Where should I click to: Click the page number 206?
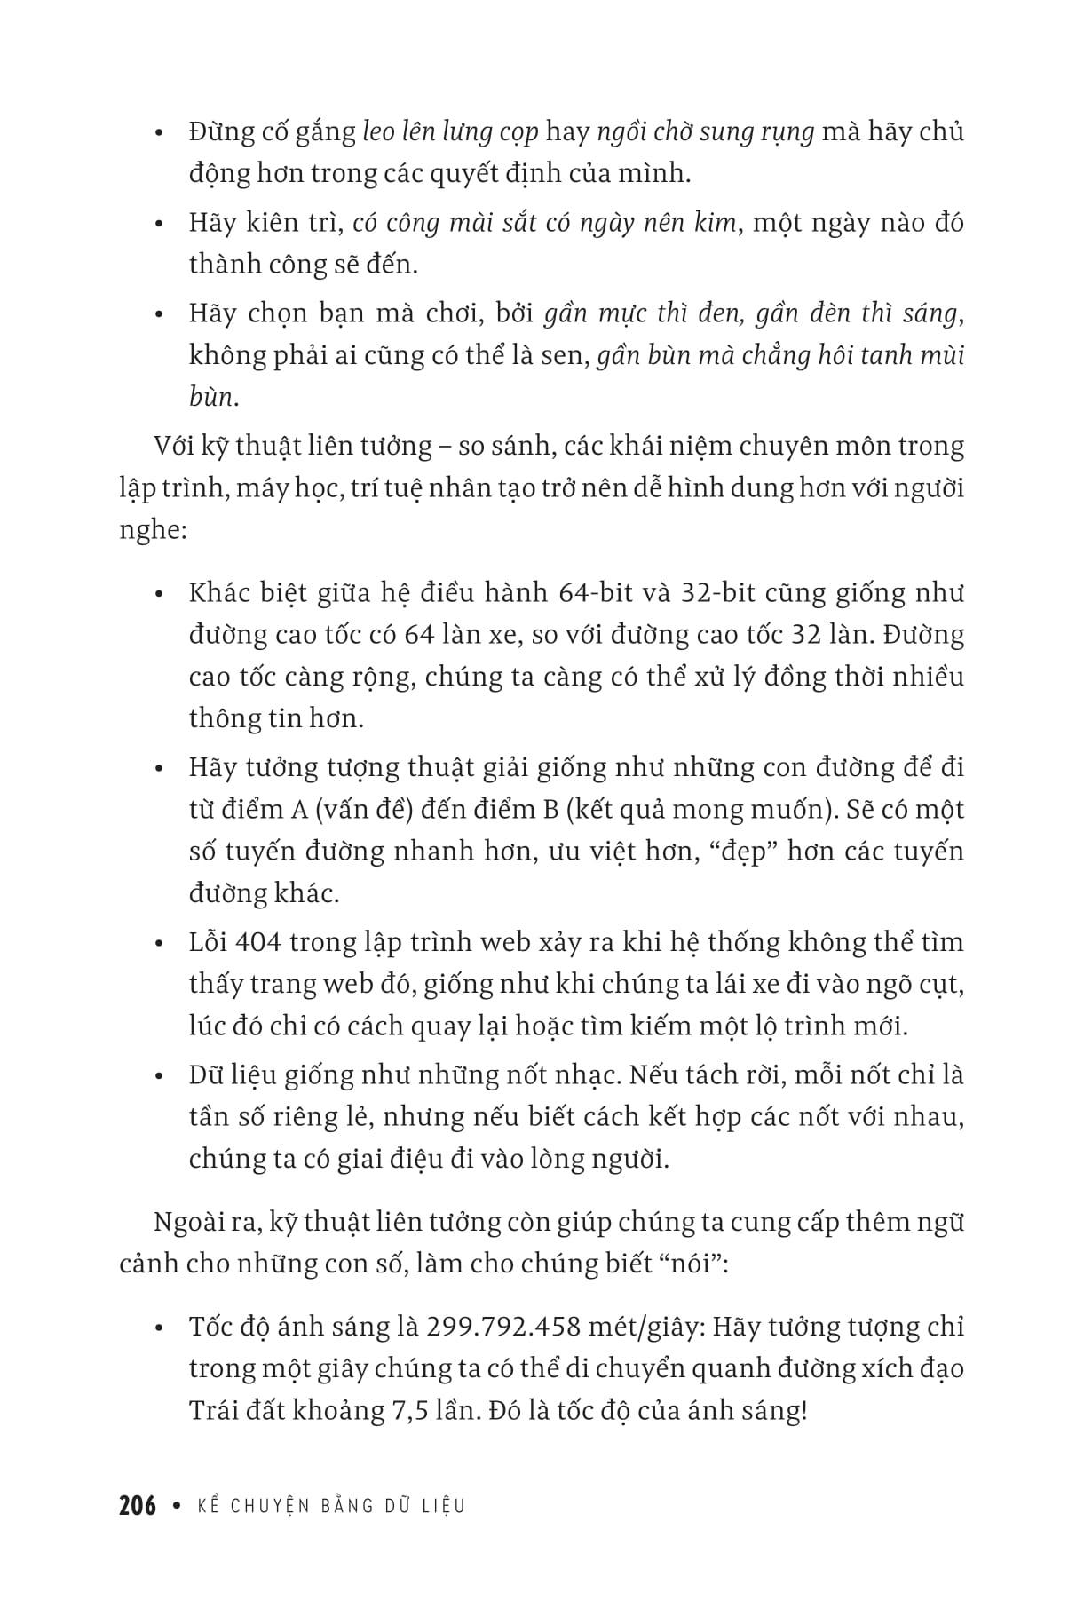point(138,1506)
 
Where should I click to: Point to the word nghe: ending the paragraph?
point(152,530)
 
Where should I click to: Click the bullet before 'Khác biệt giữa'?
point(160,595)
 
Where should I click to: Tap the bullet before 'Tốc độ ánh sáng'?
point(160,1329)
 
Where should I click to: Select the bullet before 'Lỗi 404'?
point(160,944)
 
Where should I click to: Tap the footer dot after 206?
point(178,1506)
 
